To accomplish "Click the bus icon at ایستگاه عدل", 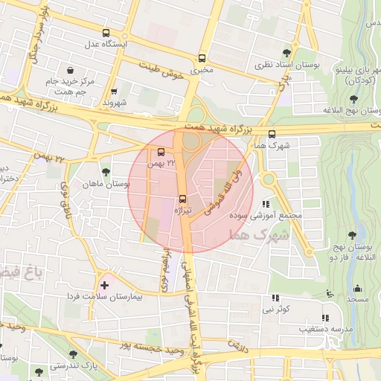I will pyautogui.click(x=106, y=33).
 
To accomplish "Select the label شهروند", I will pyautogui.click(x=115, y=100).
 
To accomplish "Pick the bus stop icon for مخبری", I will pyautogui.click(x=202, y=58).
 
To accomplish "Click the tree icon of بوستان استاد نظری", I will pyautogui.click(x=286, y=52).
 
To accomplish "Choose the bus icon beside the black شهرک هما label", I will pyautogui.click(x=270, y=133).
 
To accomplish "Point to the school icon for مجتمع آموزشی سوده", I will pyautogui.click(x=266, y=204).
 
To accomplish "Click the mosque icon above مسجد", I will pyautogui.click(x=356, y=289).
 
